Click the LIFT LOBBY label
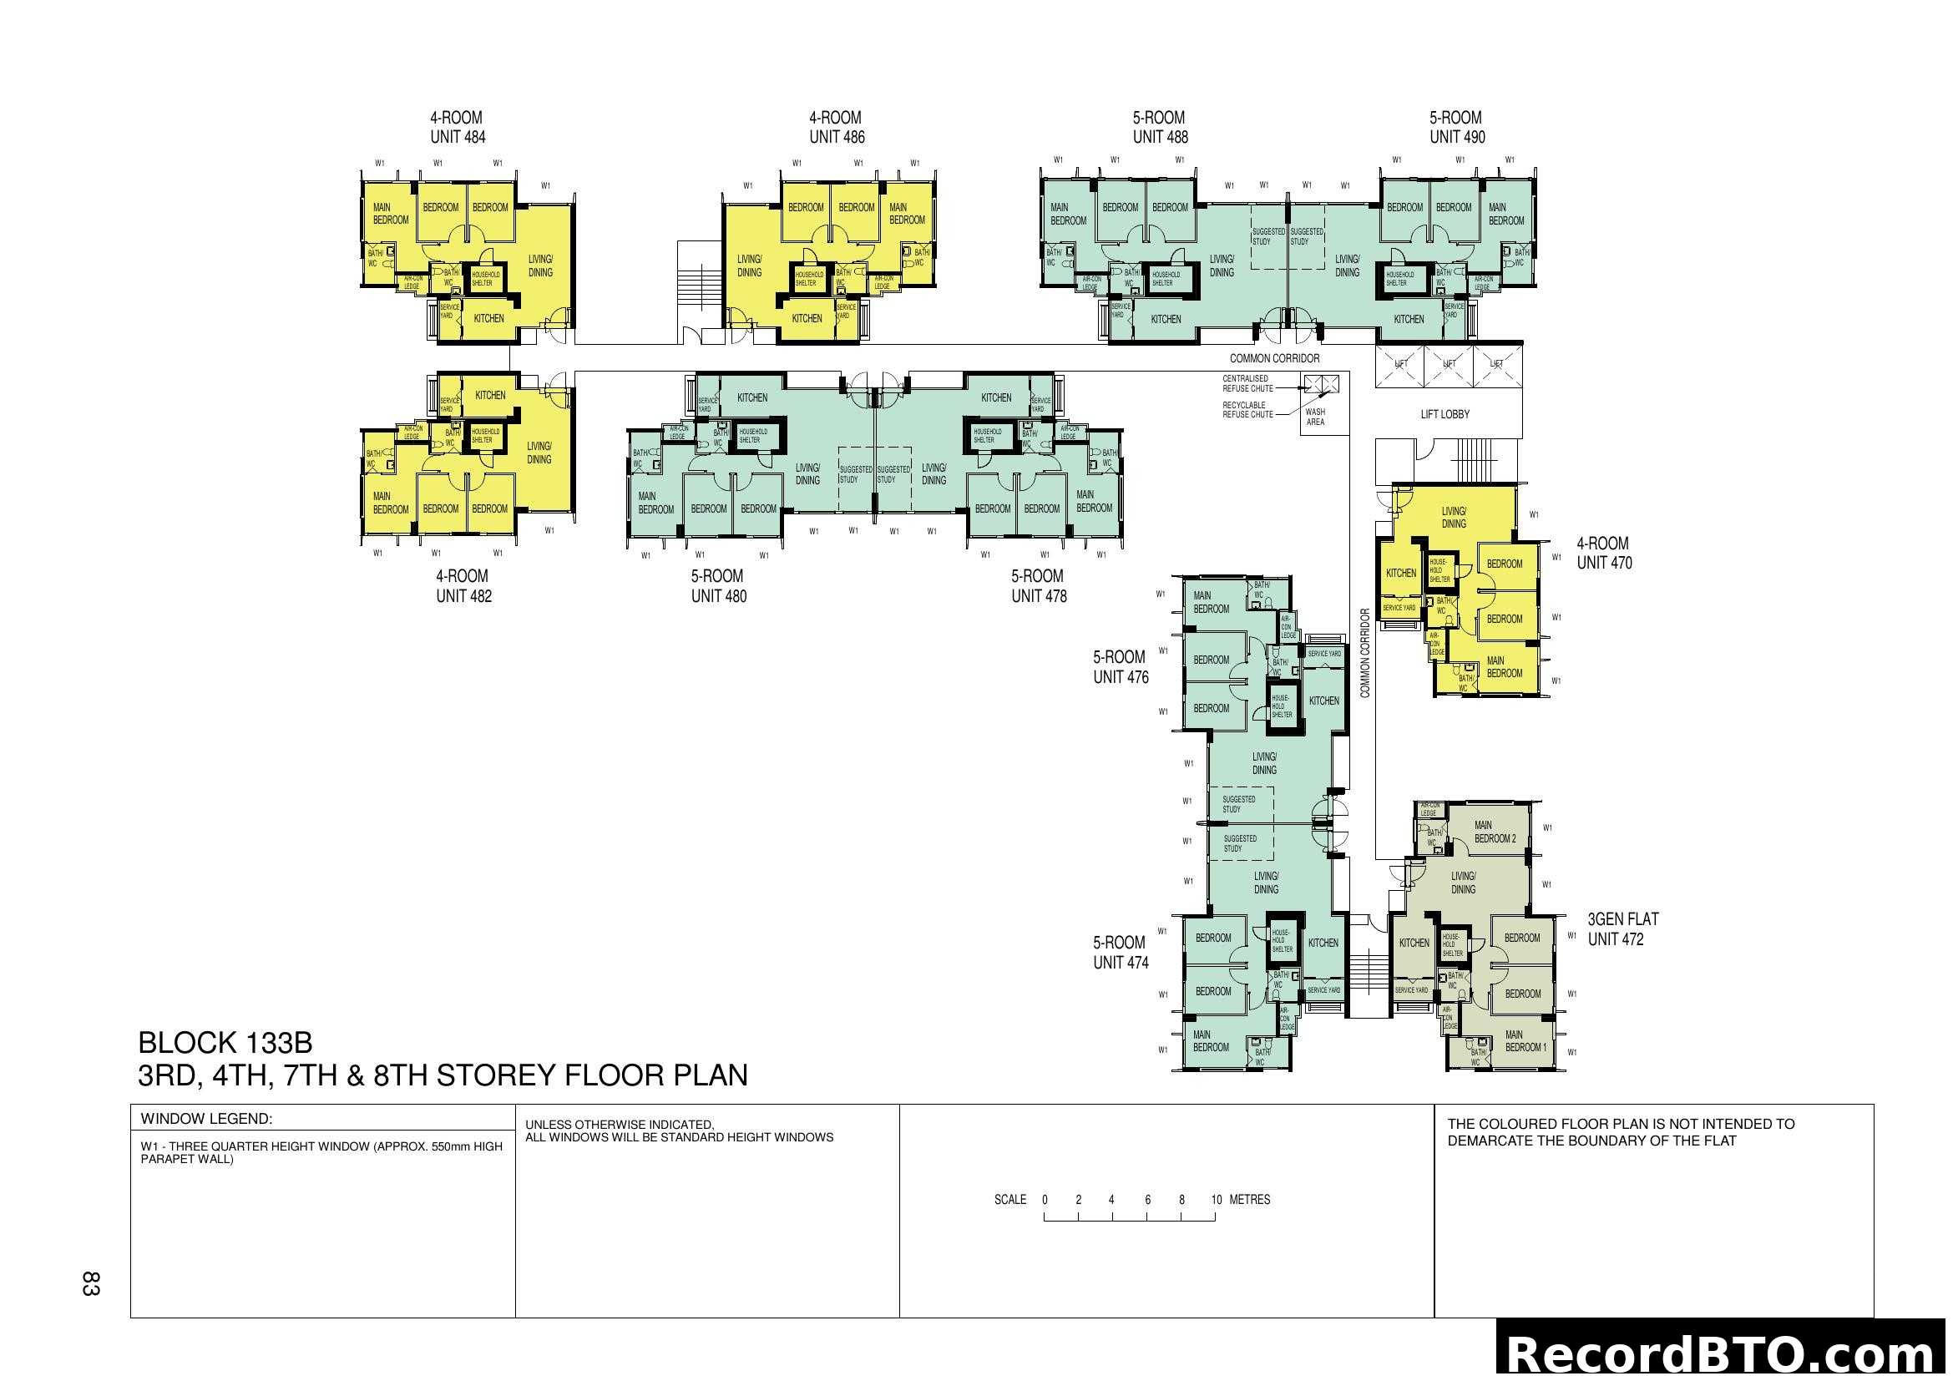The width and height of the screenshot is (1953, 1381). pyautogui.click(x=1445, y=414)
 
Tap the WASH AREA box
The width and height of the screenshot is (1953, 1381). pyautogui.click(x=1315, y=417)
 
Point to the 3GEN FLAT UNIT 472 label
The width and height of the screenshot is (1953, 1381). pyautogui.click(x=1622, y=928)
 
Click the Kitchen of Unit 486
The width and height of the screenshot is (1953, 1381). pyautogui.click(x=807, y=319)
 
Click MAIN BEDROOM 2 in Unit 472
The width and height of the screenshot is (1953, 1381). pyautogui.click(x=1495, y=832)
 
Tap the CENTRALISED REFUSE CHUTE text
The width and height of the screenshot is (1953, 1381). pyautogui.click(x=1247, y=383)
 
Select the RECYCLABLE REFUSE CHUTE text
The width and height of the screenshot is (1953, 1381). pyautogui.click(x=1247, y=410)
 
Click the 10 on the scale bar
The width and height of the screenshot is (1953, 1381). pyautogui.click(x=1216, y=1200)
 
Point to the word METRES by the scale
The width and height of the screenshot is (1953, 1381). pyautogui.click(x=1250, y=1200)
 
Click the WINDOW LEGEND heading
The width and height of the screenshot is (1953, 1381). pyautogui.click(x=206, y=1119)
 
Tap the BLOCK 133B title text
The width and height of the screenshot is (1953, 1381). pyautogui.click(x=225, y=1043)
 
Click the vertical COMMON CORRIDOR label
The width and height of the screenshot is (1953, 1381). pyautogui.click(x=1365, y=653)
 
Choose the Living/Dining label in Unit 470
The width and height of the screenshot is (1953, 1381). pyautogui.click(x=1453, y=518)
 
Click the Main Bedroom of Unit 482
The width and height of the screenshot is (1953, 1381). pyautogui.click(x=391, y=503)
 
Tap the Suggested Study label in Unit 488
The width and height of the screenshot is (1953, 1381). pyautogui.click(x=1267, y=236)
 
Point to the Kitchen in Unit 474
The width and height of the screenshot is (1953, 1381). pyautogui.click(x=1323, y=942)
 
